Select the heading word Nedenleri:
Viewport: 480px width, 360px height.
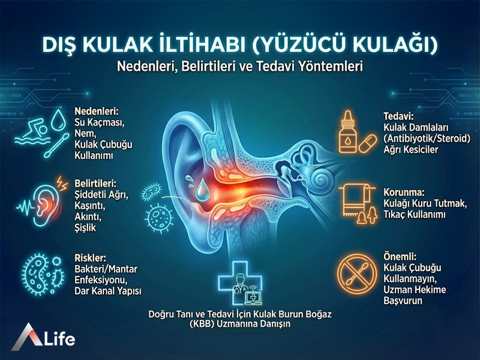coord(95,112)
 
